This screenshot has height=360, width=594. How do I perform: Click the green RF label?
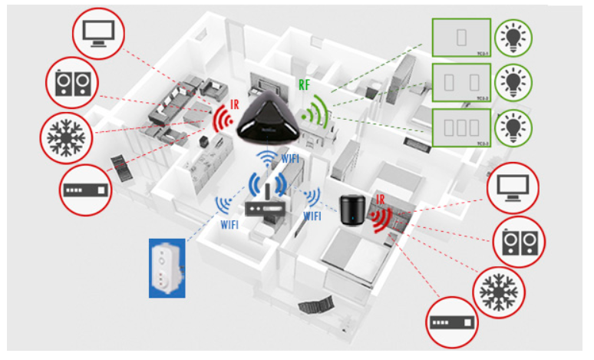[x=304, y=84]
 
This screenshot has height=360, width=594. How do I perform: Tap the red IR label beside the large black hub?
[x=233, y=104]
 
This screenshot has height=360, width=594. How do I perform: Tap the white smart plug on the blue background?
[x=168, y=267]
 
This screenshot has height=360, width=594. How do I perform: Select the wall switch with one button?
[x=461, y=37]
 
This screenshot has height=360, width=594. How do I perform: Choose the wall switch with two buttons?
[x=461, y=81]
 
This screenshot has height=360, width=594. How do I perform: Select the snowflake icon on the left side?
[x=66, y=136]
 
